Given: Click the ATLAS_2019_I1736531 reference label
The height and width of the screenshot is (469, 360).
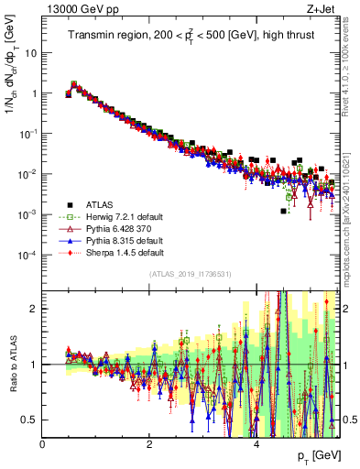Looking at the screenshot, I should point(190,274).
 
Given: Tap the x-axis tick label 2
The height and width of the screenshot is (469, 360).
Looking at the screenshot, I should point(149,444).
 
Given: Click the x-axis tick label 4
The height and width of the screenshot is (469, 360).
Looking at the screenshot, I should point(256,444).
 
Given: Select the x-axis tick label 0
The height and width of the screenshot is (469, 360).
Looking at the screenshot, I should point(42,444).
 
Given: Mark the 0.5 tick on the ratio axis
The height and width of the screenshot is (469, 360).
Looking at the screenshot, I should point(29,420).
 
